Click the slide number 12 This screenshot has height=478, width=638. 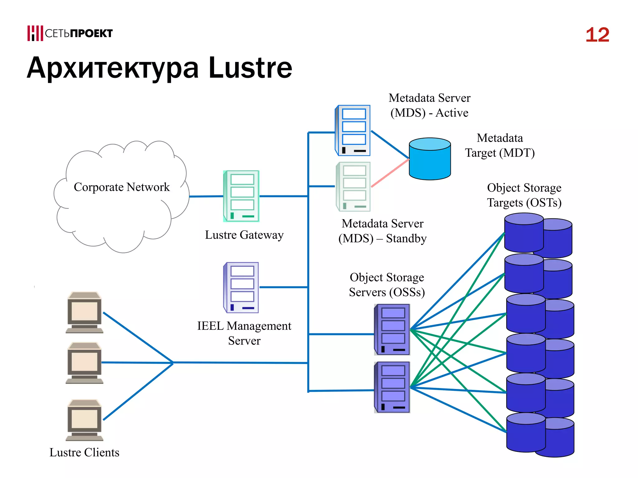(597, 35)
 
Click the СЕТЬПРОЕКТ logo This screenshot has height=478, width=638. (70, 33)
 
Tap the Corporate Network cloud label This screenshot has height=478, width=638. (121, 187)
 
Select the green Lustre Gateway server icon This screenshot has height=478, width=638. (241, 196)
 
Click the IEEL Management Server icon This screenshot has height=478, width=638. (241, 288)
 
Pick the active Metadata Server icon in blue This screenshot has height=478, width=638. (353, 130)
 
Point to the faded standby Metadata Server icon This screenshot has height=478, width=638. (353, 187)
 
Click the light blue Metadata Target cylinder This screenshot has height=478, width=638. (430, 159)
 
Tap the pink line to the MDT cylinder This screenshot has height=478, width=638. (390, 173)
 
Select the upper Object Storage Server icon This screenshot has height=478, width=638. (392, 330)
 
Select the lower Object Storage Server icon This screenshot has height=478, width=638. (392, 387)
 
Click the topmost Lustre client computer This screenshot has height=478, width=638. (84, 312)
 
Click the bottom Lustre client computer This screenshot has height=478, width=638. (84, 420)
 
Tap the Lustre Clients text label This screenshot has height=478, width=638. (84, 452)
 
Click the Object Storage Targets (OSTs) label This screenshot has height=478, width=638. (524, 195)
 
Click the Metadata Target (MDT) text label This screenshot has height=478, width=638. (500, 145)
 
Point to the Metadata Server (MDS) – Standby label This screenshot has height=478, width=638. (382, 231)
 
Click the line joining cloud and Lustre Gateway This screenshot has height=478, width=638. (206, 196)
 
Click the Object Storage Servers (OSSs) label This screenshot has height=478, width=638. (387, 285)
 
